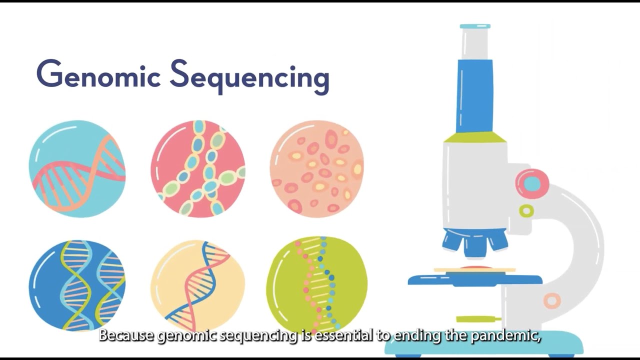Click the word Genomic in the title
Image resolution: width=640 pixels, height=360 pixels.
coord(98,75)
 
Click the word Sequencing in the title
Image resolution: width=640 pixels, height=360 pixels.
coord(249,76)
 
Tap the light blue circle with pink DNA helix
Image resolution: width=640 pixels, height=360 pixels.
coord(77,168)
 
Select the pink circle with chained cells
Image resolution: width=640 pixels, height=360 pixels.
coord(198,168)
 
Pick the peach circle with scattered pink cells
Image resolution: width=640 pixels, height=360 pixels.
coord(317,168)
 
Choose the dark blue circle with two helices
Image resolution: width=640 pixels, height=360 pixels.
coord(77,285)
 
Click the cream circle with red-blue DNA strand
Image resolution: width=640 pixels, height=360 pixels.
coord(198,285)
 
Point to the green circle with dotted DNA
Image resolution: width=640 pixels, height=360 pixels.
coord(317,285)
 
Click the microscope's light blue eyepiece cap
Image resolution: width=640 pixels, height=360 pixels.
coord(475,26)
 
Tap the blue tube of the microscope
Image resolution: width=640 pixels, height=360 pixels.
coord(474,95)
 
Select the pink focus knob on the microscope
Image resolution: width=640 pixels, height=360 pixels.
coord(532,183)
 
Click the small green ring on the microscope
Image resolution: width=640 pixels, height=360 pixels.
coord(526,211)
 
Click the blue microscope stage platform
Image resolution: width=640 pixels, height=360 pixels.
coord(475,280)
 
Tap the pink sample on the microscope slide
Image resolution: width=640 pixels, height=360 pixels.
coord(475,268)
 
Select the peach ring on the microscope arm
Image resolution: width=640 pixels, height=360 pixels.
coord(552,300)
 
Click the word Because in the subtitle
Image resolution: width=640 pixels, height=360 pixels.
coord(126,335)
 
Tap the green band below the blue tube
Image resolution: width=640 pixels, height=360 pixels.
coord(475,137)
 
